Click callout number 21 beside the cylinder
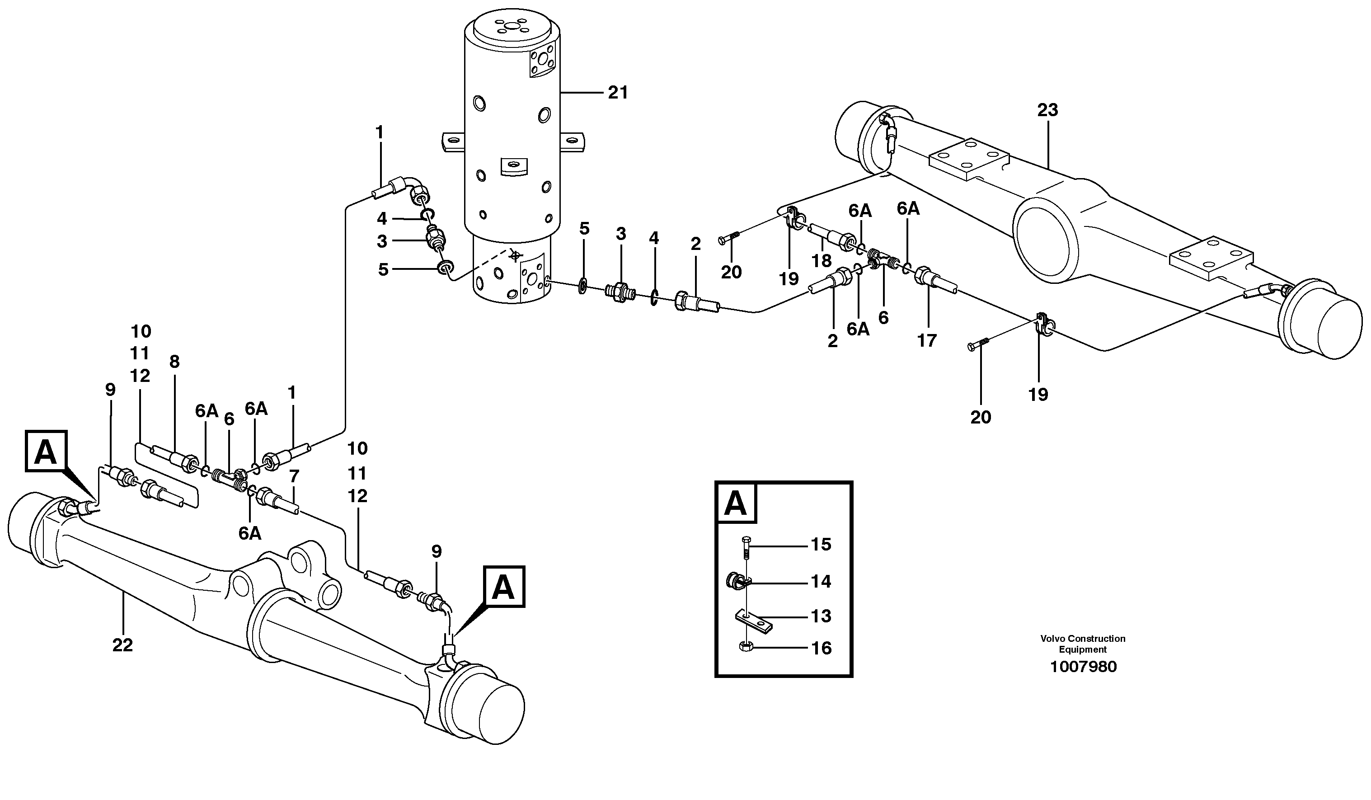coord(618,93)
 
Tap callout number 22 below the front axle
coord(122,645)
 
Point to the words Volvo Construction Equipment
coord(1083,644)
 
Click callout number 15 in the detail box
coord(821,545)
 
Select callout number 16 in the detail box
coord(821,648)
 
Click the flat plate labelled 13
coord(755,621)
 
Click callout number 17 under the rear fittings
coord(927,341)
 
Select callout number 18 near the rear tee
coord(821,261)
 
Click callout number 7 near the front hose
coord(294,477)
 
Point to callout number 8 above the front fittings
coord(174,362)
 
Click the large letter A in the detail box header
coord(736,504)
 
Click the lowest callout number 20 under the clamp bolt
coord(981,418)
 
